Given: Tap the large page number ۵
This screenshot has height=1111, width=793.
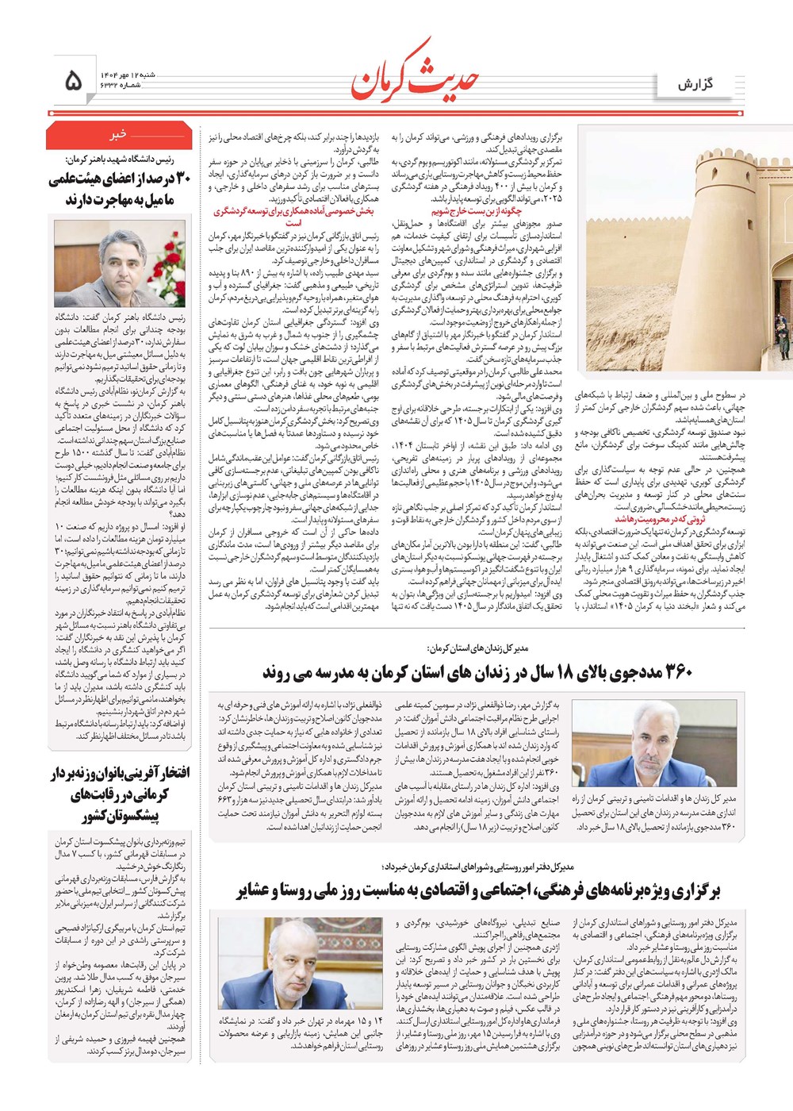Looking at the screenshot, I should tap(73, 80).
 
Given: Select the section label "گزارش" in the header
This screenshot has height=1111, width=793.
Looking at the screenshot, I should tap(695, 84).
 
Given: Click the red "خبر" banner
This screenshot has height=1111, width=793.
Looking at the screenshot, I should tap(119, 135).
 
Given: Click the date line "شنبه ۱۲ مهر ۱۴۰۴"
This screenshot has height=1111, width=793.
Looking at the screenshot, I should tap(127, 75).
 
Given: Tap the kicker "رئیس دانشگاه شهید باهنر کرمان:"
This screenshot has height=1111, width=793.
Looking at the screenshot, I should tap(120, 159).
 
